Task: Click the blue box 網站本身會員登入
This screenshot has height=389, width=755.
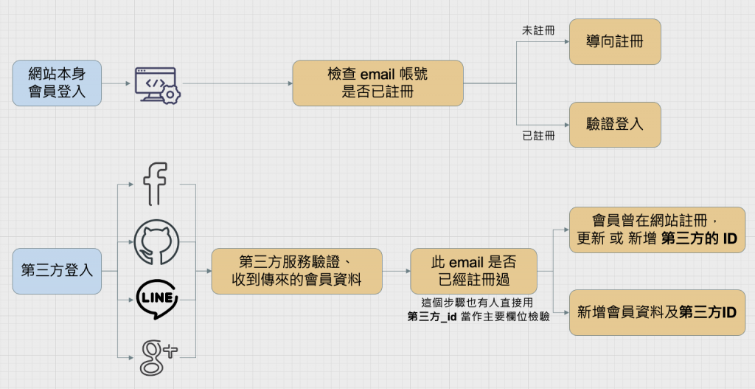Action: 57,83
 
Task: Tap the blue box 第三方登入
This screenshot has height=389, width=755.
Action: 57,271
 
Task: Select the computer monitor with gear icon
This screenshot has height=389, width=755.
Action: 157,84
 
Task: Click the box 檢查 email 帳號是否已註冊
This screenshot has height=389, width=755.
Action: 377,83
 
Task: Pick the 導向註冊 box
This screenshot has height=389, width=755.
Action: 615,42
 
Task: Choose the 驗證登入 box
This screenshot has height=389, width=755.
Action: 615,125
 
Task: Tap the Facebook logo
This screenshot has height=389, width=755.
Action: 156,184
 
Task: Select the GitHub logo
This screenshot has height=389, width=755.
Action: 156,241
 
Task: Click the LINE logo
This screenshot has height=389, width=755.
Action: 156,299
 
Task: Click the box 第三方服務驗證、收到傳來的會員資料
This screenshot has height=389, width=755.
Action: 296,271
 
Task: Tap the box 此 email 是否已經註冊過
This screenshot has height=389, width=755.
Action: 473,271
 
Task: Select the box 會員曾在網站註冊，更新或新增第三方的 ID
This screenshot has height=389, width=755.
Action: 657,230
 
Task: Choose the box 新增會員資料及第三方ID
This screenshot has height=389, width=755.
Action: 657,312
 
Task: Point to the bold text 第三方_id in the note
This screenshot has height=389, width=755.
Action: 433,317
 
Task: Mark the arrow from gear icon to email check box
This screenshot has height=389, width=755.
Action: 236,83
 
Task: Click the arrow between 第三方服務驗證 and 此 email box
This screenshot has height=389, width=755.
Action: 396,271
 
